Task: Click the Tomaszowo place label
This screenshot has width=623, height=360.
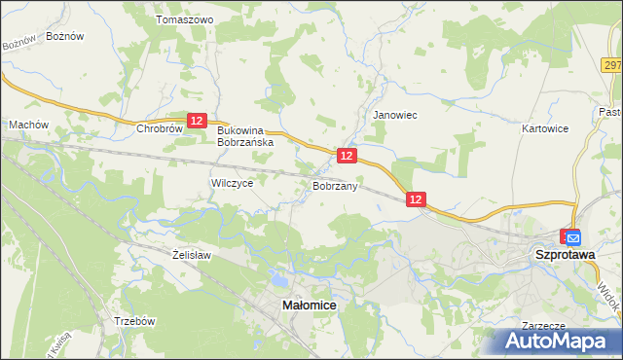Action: (184, 19)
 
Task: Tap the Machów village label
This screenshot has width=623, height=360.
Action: (28, 125)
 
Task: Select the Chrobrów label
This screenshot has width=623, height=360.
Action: (160, 127)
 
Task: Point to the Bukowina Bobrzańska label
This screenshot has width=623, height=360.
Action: (245, 135)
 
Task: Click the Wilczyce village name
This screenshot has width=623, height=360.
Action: (232, 182)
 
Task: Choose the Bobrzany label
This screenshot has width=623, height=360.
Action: (337, 185)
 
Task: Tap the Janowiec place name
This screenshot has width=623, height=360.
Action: (395, 115)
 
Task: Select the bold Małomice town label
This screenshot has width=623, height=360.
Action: (310, 305)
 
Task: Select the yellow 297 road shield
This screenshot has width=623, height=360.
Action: (611, 64)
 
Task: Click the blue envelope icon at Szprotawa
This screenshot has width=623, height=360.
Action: (573, 236)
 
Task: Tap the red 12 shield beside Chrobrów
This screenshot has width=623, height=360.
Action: (198, 120)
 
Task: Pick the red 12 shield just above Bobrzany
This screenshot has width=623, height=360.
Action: (347, 156)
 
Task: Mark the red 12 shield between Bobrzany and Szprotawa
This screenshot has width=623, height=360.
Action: (417, 198)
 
